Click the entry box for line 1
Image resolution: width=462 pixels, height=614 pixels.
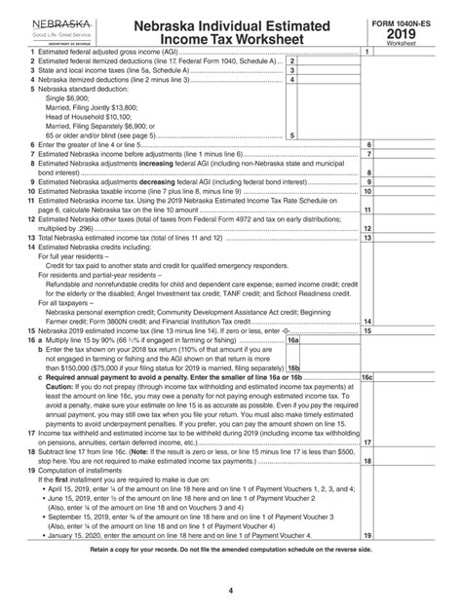click(408, 51)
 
